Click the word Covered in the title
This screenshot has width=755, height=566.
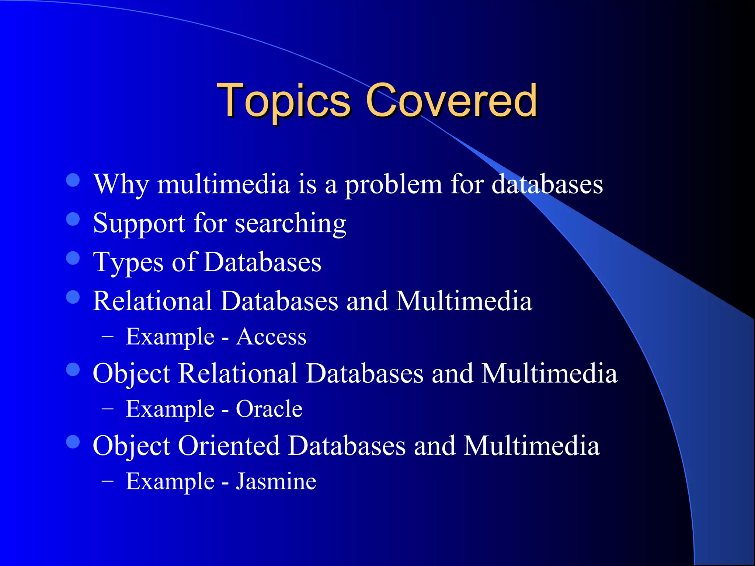451,100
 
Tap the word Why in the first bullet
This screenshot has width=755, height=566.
121,184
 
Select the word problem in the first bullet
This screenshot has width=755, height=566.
393,184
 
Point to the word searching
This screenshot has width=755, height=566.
290,223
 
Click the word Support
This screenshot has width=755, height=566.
139,223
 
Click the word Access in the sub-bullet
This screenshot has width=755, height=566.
271,337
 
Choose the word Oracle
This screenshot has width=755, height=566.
269,409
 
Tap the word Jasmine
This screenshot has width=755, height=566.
276,481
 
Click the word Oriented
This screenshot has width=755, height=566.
229,446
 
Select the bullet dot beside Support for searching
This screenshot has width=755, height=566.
73,219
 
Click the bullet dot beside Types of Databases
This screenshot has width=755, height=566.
73,258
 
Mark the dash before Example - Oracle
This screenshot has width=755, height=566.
107,409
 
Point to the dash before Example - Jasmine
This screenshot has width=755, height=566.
107,481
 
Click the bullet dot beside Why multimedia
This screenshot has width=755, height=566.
73,180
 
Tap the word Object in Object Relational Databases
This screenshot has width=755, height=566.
132,374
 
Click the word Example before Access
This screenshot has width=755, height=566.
170,337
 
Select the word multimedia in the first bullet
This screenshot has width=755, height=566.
223,184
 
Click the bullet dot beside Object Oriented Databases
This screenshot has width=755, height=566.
73,442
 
